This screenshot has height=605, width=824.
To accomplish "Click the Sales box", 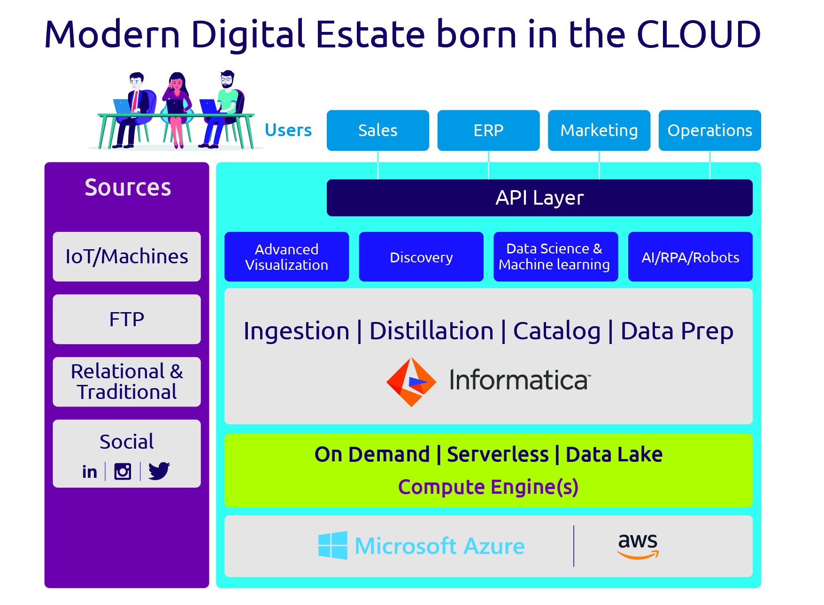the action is (377, 130).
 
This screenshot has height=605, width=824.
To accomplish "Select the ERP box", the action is (488, 130).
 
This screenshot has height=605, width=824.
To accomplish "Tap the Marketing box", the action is (599, 130).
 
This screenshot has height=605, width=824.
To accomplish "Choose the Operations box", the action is (710, 130).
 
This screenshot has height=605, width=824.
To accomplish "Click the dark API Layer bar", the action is (539, 198).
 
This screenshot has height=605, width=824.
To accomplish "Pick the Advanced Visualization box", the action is (286, 257).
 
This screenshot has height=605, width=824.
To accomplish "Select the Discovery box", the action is (421, 257).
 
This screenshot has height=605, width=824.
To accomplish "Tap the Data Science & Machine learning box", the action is (555, 257).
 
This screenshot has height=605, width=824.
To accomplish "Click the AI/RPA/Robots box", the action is (690, 257).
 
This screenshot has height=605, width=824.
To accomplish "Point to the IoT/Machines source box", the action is (127, 257).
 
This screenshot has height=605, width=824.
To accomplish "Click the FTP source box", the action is (127, 319).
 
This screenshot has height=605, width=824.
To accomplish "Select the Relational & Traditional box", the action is (127, 382).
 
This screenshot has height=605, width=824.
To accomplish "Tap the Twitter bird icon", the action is (159, 471).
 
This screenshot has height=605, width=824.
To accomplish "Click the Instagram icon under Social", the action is (123, 471).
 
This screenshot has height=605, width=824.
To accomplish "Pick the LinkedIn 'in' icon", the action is (90, 472).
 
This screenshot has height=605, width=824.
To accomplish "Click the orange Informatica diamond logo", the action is (411, 382).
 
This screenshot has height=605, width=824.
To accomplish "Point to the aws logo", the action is (638, 546).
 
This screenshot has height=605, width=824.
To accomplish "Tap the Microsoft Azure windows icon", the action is (333, 545).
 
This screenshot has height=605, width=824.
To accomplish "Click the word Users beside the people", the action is (288, 130).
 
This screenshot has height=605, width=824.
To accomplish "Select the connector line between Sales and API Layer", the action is (378, 165).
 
